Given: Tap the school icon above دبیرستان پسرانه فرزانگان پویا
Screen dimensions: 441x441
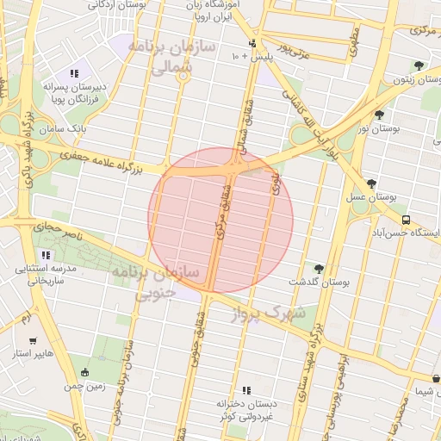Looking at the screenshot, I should pos(75,73).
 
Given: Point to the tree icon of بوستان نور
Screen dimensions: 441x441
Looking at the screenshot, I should pos(379,114).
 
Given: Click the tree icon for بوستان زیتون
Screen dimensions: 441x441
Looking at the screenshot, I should pos(419,65).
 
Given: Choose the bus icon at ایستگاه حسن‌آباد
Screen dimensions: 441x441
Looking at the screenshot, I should pos(405,219).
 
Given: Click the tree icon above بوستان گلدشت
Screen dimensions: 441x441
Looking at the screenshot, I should pos(320,269).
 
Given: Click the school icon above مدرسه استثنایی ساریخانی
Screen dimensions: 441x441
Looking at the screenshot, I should pos(46,255).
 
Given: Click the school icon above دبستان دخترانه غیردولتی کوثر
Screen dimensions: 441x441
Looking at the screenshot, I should pos(246,390).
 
